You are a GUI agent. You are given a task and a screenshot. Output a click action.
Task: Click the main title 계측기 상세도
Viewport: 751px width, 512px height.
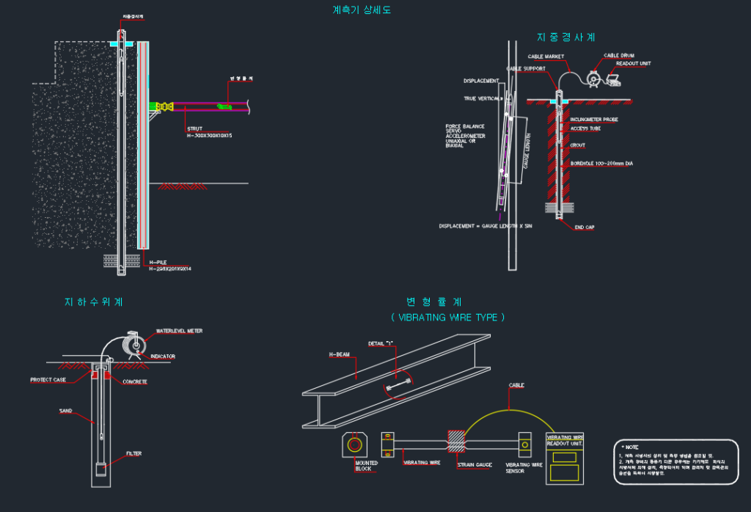coord(362,10)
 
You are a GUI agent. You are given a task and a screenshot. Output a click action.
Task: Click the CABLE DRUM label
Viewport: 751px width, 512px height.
coord(619,55)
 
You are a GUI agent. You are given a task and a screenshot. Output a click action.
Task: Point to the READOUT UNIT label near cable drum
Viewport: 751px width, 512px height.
coord(633,63)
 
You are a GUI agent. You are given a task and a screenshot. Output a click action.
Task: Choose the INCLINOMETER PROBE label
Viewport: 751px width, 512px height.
coord(594,119)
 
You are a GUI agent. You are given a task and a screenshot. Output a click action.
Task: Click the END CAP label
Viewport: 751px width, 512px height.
coord(584,227)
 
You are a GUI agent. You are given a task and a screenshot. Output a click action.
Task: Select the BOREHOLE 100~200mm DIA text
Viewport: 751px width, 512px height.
coord(601,164)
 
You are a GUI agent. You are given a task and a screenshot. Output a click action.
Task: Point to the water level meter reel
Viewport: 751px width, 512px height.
coord(134,343)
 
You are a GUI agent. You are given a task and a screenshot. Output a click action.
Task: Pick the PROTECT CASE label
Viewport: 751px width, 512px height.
coord(48,380)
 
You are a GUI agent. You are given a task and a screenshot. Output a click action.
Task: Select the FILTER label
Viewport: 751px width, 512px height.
coord(133,453)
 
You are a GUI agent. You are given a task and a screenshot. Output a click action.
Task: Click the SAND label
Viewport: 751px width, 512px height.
coord(65,411)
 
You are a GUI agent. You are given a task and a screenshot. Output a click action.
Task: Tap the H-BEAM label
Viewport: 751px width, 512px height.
coord(339,354)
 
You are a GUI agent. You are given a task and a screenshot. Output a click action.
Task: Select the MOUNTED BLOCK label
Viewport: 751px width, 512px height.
coord(366,466)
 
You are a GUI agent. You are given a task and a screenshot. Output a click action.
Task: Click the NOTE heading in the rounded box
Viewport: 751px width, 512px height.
coord(631,447)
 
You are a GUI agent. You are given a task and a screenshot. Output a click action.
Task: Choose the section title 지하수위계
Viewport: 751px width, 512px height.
coord(93,301)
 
